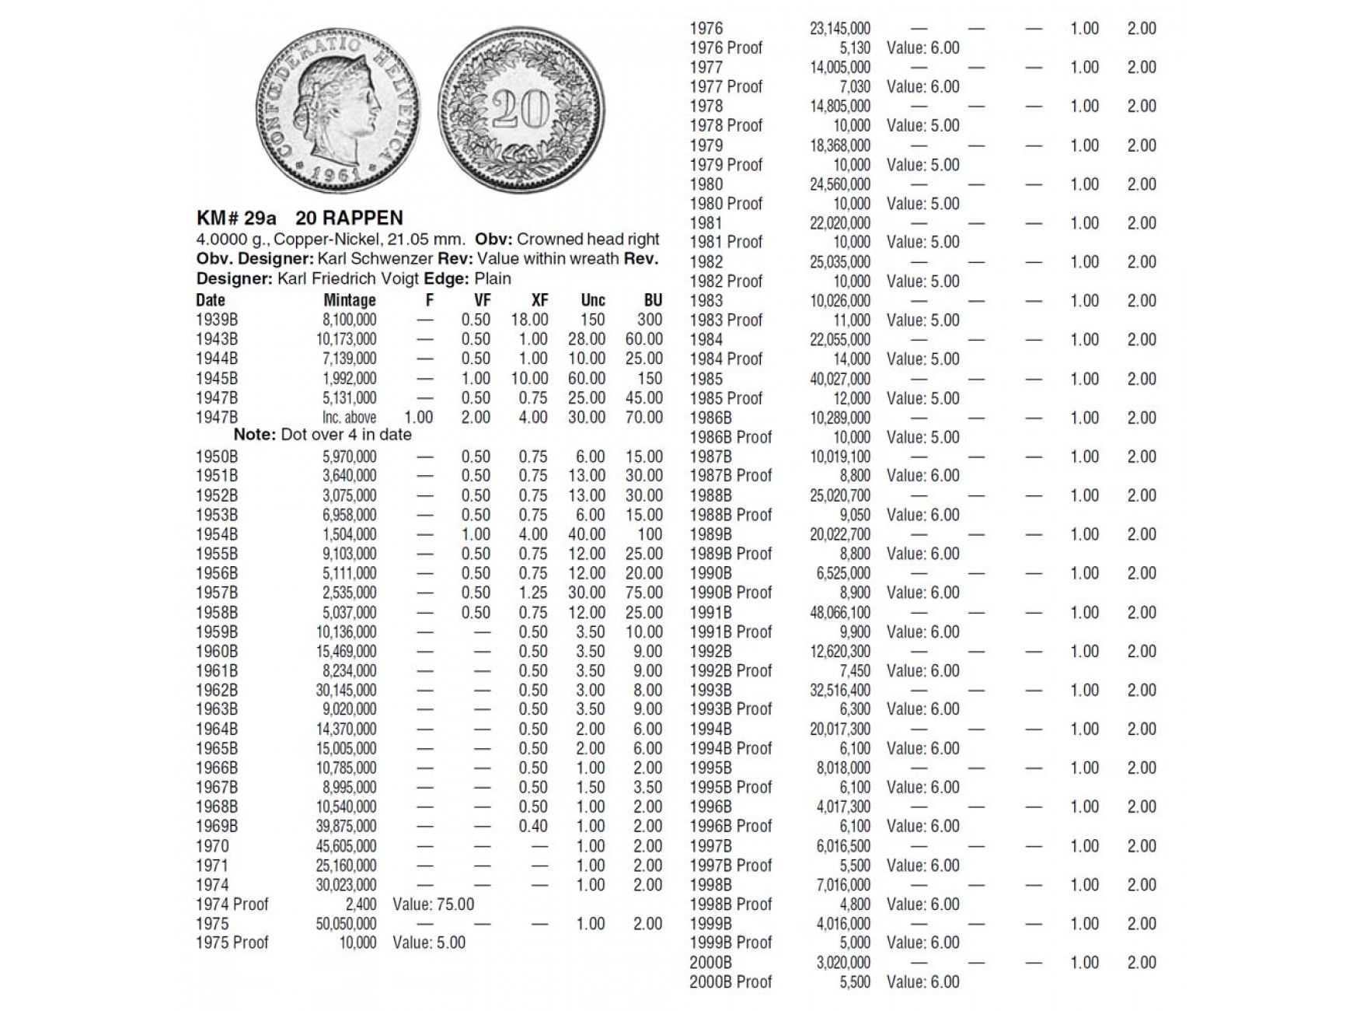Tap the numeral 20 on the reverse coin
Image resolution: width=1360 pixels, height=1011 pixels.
[520, 109]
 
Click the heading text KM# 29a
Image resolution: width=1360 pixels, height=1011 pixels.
[236, 219]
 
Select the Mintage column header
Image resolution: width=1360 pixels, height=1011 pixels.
[350, 300]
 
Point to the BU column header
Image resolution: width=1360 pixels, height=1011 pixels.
[653, 300]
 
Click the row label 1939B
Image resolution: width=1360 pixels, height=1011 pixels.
[217, 320]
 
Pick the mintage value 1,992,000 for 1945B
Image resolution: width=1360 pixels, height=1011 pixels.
[350, 379]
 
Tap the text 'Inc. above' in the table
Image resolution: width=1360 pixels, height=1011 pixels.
[350, 418]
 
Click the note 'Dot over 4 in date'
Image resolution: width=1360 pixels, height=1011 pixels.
[346, 435]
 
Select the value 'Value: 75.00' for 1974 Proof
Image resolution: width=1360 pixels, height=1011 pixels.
[434, 904]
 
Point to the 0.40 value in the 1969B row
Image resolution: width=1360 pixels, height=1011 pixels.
[533, 827]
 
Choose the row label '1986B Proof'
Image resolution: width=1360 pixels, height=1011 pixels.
[731, 437]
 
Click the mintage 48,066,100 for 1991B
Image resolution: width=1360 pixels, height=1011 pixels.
[840, 613]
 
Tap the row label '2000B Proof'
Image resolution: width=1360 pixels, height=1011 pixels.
[731, 982]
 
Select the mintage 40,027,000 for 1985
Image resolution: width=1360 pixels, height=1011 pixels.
[840, 380]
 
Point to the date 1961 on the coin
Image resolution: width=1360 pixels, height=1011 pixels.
[336, 173]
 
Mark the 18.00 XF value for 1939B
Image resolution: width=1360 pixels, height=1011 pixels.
[530, 320]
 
